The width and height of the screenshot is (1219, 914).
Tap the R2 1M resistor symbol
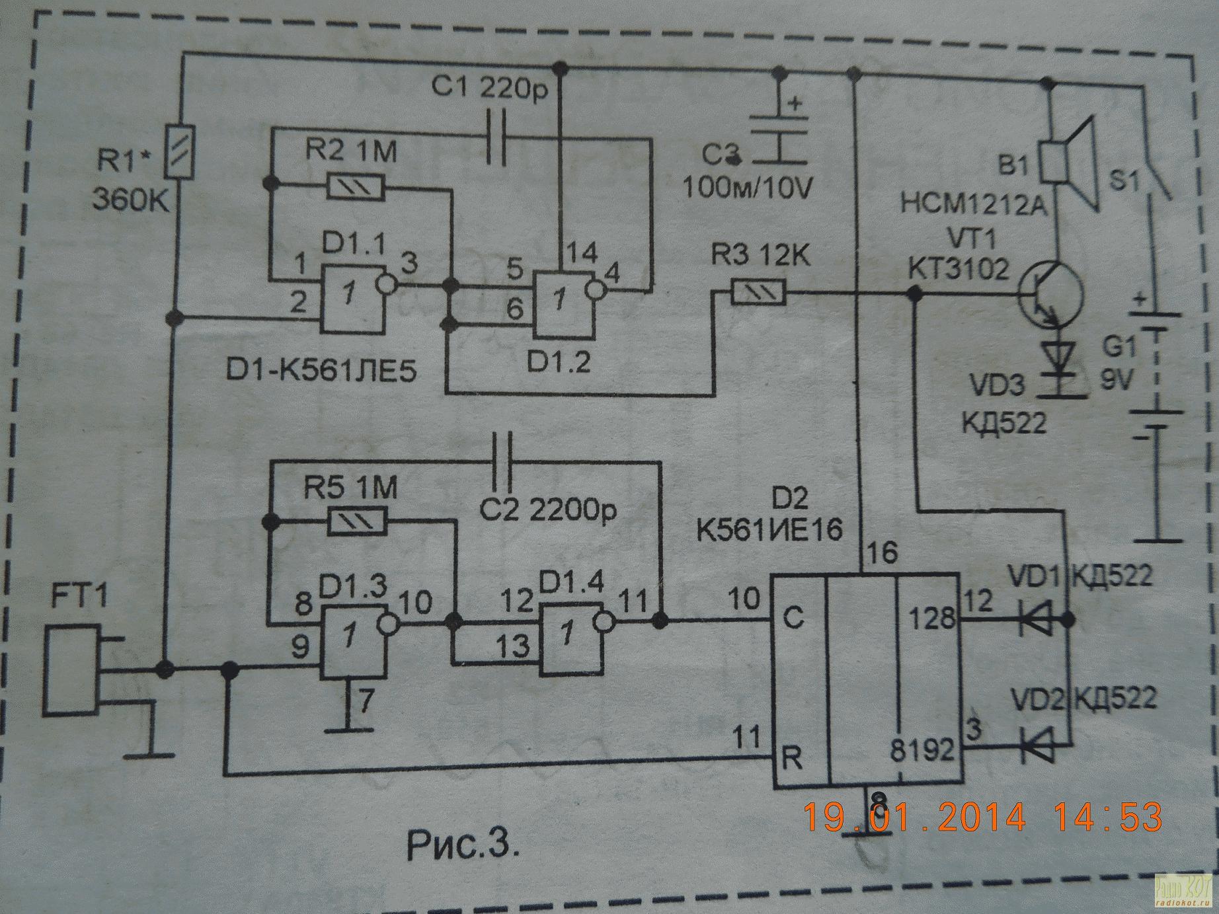click(x=356, y=187)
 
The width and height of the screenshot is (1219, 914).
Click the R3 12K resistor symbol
click(x=758, y=291)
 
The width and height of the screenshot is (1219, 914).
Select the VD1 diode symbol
click(x=1035, y=620)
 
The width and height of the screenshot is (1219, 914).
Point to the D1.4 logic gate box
click(x=570, y=638)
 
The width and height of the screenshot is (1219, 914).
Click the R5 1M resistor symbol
click(x=356, y=522)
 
